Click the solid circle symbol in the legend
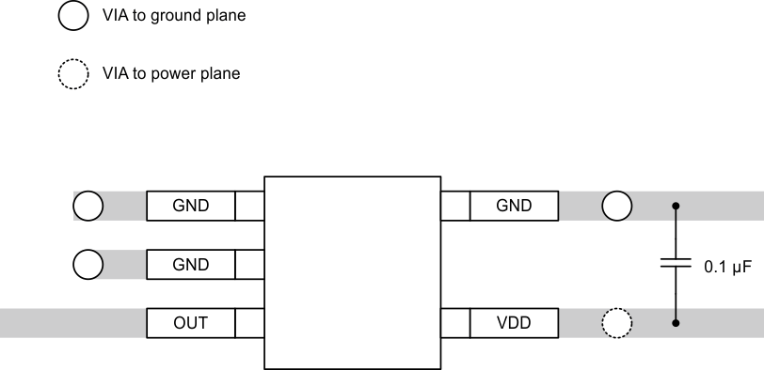tap(73, 16)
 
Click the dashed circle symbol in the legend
tap(73, 74)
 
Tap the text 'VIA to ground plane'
tap(174, 16)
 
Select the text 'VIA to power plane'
tap(171, 74)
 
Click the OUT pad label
tap(190, 324)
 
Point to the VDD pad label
tap(514, 324)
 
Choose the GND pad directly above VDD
tap(514, 206)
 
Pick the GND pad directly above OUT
tap(190, 265)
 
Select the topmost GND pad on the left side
tap(190, 206)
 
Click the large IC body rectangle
tap(353, 272)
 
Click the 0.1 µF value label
tap(727, 267)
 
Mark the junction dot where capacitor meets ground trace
tap(675, 206)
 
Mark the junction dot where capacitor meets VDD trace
tap(675, 324)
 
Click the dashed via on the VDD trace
tap(616, 324)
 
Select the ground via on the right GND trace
tap(616, 206)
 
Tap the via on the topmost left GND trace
tap(88, 206)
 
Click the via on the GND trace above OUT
tap(88, 265)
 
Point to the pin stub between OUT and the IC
tap(249, 324)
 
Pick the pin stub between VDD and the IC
tap(455, 324)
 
